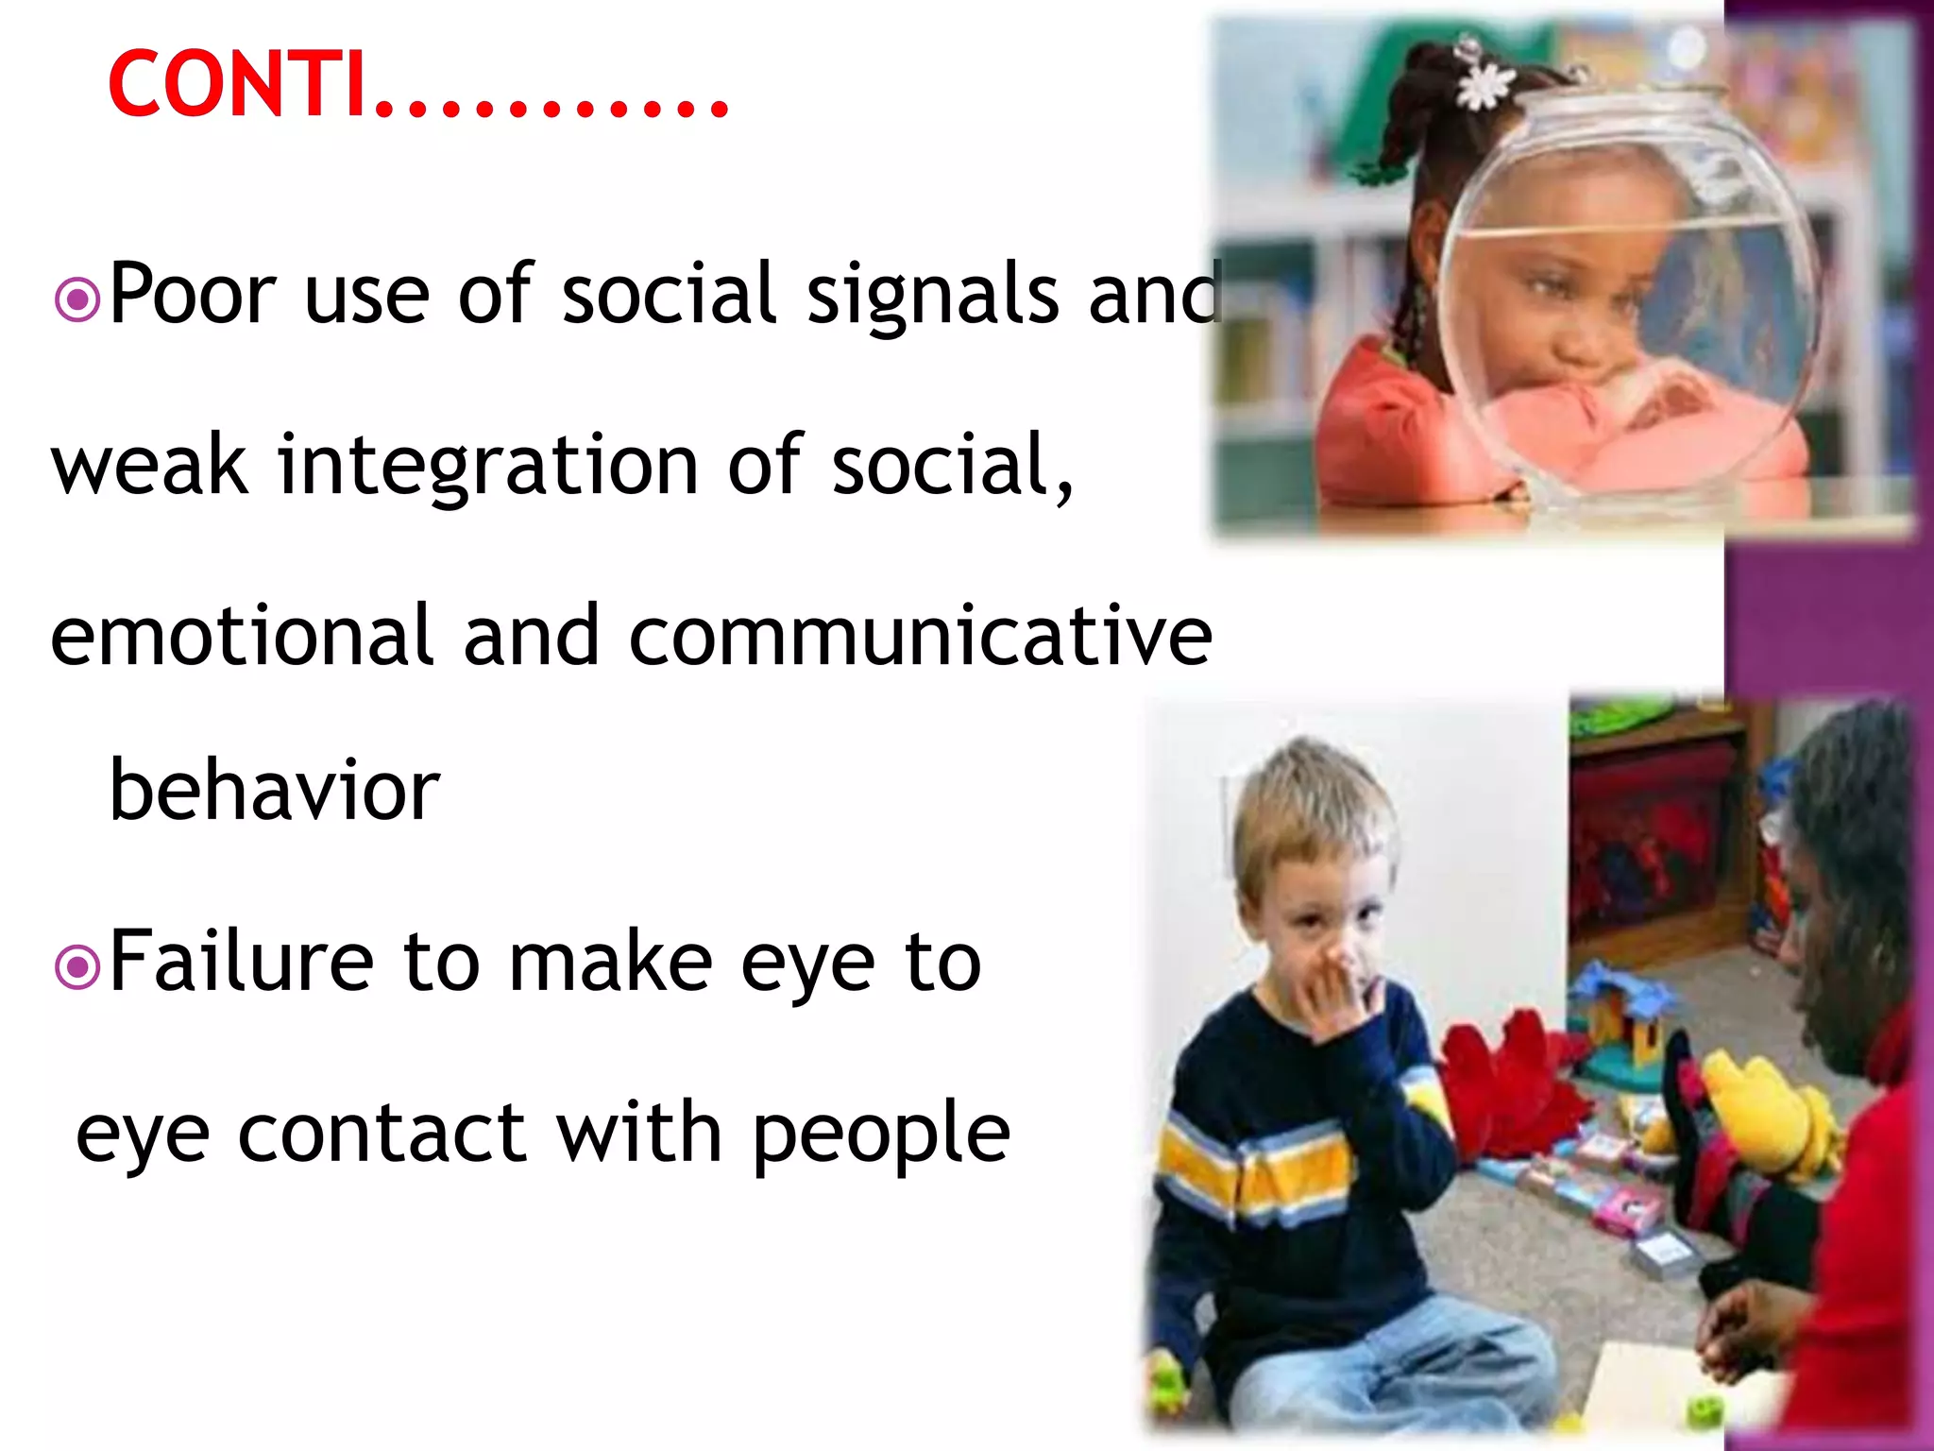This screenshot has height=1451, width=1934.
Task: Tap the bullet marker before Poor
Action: point(77,300)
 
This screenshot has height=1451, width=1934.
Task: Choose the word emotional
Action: point(241,636)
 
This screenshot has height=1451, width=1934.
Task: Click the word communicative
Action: point(920,636)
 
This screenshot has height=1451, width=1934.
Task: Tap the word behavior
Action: point(274,790)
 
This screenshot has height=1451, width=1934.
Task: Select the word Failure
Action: point(242,962)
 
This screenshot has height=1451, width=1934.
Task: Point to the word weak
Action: point(149,465)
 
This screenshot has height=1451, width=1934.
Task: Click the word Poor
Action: point(192,296)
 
